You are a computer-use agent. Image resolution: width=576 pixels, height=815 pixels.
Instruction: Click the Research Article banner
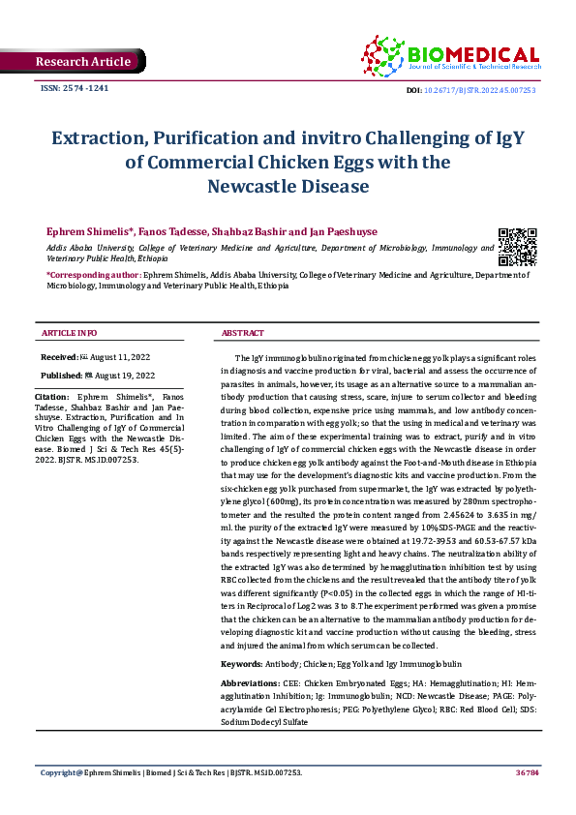82,62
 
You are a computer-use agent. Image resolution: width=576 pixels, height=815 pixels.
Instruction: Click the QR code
517,247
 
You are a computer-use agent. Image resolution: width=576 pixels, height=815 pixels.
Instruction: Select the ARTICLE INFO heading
69,333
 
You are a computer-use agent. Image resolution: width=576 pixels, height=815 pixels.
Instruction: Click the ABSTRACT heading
242,333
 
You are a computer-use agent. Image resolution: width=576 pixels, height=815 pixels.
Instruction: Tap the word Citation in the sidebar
51,397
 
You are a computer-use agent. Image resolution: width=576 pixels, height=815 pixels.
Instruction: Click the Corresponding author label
94,276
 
